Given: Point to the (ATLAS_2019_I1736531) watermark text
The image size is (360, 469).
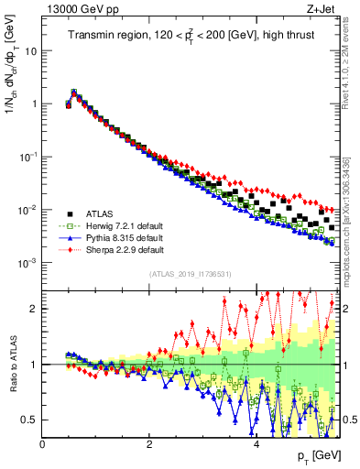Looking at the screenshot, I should tap(190, 275).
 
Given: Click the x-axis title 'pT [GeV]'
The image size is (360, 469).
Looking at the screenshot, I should tap(315, 455).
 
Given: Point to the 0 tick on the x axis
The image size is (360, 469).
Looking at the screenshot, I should tap(42, 444).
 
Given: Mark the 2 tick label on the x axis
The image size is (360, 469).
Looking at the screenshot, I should tap(149, 444).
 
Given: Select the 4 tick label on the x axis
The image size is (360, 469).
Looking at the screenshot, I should tap(256, 444).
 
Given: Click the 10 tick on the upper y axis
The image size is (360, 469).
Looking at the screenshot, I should tap(30, 50).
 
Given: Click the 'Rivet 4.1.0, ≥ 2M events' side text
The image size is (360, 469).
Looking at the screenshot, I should tap(350, 64).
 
